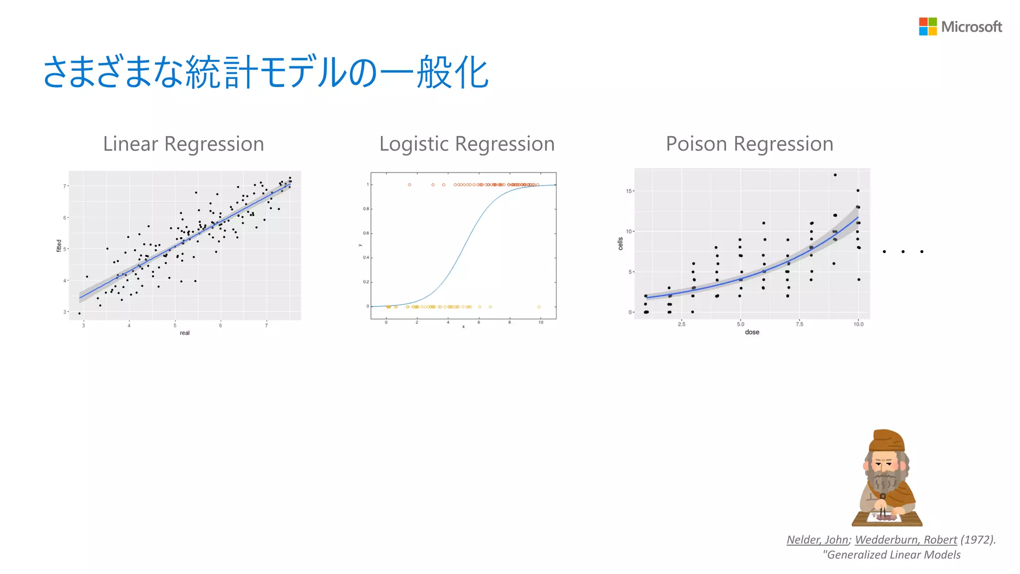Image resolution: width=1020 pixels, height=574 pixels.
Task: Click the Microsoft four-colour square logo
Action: coord(927,26)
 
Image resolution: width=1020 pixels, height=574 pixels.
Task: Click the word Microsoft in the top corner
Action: coord(971,27)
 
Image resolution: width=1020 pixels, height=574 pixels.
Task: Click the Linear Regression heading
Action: coord(183,144)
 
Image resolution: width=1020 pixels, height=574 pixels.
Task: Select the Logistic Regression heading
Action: coord(467,144)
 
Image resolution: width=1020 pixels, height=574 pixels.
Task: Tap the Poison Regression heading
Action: coord(749,144)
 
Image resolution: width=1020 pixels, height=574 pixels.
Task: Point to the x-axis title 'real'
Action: coord(185,333)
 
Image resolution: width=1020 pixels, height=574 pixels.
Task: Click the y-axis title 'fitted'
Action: coord(59,246)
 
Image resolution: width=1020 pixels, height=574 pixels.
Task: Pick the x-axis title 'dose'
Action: coord(752,332)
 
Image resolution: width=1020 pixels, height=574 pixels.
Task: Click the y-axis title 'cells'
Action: coord(621,244)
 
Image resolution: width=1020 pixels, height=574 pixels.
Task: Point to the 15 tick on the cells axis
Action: coord(629,191)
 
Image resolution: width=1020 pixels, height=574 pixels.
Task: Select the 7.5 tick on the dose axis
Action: coord(799,324)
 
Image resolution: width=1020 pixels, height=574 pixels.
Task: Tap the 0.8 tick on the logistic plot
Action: coord(366,209)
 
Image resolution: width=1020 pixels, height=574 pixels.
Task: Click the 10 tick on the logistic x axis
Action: coord(540,323)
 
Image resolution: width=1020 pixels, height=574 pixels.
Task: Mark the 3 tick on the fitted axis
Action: coord(65,312)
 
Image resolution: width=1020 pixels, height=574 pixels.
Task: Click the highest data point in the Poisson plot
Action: coord(835,175)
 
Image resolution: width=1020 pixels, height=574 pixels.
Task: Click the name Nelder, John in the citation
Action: coord(817,540)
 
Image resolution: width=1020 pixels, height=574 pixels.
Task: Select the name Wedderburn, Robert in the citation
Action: coord(905,540)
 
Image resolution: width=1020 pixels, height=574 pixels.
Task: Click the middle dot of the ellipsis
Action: coord(902,252)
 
